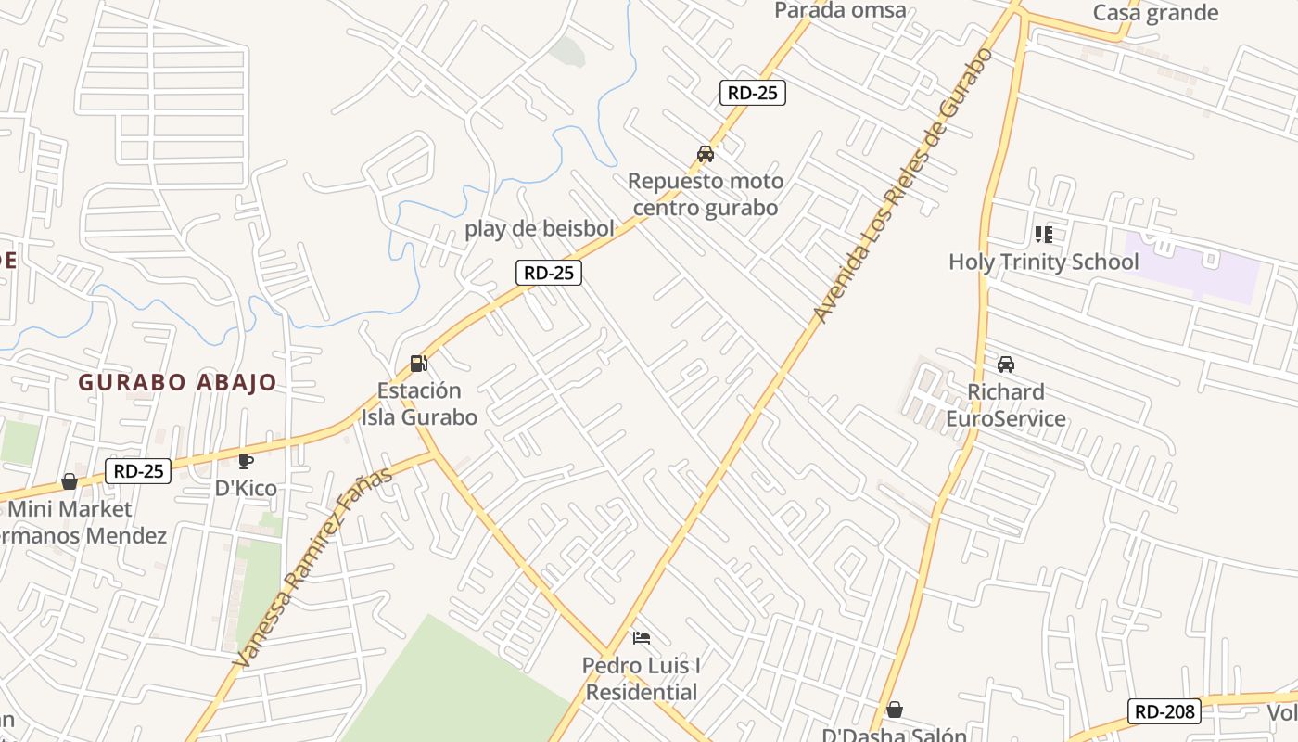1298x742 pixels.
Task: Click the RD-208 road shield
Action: point(1164,711)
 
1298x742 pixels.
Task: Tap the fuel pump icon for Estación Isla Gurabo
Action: point(419,364)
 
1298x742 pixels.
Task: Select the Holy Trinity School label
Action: point(1043,262)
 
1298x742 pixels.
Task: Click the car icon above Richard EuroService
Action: point(1006,365)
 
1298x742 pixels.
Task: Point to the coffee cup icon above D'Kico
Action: point(246,461)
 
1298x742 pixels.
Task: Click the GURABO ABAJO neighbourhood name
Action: point(177,382)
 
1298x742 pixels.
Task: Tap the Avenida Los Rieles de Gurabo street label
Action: point(903,185)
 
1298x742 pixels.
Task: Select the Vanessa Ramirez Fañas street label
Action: point(312,569)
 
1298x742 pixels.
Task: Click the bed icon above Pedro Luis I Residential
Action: point(641,638)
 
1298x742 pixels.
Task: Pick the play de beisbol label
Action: point(540,228)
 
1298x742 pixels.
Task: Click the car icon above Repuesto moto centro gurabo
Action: point(706,154)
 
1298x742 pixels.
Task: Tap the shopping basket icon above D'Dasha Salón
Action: point(895,710)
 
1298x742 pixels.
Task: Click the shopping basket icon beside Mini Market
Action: point(70,481)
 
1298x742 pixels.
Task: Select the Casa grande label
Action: point(1155,13)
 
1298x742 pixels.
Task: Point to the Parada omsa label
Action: point(840,10)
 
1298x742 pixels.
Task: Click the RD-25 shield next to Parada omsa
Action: point(753,92)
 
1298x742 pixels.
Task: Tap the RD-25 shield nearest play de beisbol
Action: point(549,273)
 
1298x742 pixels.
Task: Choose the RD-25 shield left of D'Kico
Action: point(139,471)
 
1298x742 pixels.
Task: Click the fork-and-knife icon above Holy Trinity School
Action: point(1044,235)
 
